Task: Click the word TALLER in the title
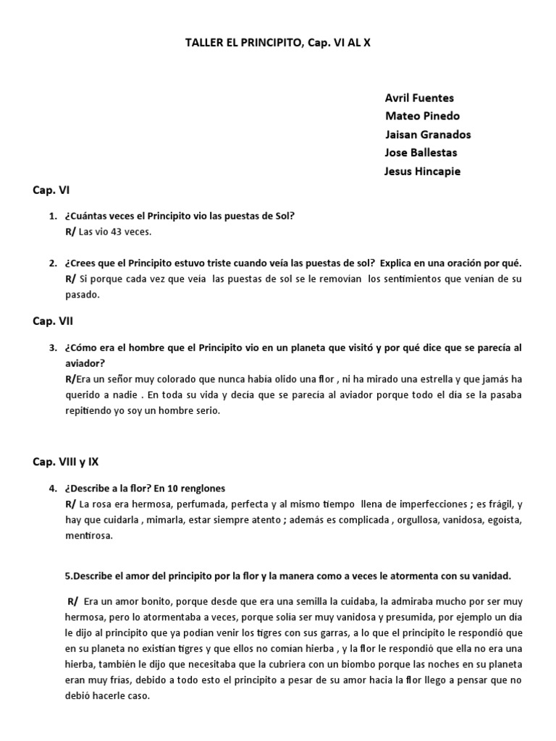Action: pos(203,43)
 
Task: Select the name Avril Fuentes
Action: pos(420,98)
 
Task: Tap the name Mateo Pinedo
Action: pos(422,116)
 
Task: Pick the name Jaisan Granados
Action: pos(428,135)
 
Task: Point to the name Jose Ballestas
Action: pos(421,153)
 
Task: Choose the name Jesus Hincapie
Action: pos(423,172)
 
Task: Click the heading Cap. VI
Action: pos(51,190)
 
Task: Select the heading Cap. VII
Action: pos(53,321)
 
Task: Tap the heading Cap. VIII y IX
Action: pos(70,461)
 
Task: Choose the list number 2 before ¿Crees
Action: pos(53,263)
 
